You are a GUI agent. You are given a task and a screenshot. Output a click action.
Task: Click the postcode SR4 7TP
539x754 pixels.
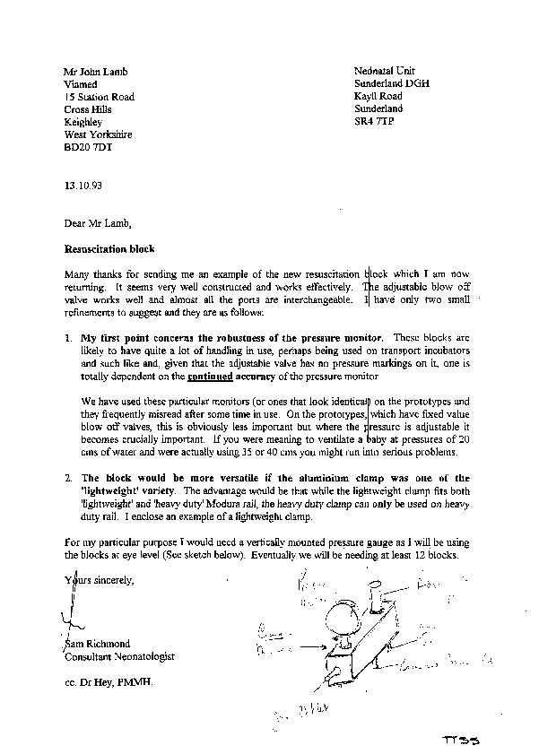[x=375, y=121]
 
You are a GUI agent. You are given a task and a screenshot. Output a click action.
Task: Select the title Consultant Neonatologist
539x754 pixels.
[x=119, y=656]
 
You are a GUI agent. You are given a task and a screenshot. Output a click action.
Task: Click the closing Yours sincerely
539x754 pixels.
[x=99, y=581]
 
